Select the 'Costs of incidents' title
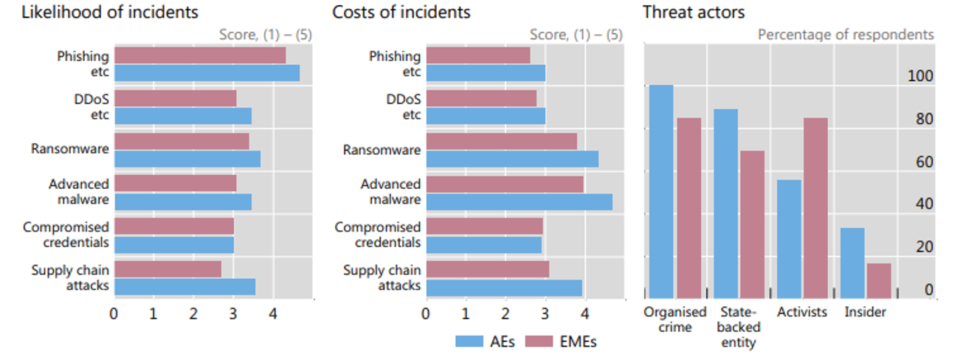pos(401,13)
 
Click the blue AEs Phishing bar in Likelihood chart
pos(207,73)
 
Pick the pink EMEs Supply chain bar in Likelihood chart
pos(167,269)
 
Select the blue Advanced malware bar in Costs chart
pos(519,202)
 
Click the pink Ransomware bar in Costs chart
pos(501,141)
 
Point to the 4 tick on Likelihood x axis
pos(272,314)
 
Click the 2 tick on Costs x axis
pos(505,314)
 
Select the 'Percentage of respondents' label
pos(846,35)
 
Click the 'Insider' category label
pos(865,312)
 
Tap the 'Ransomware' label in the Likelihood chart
pos(70,148)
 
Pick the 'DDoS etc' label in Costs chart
pos(404,106)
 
